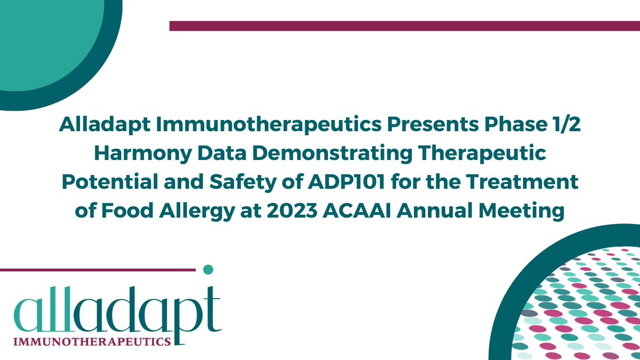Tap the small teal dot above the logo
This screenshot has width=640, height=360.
(209, 269)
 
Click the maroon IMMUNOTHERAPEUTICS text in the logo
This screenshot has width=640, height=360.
(94, 340)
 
